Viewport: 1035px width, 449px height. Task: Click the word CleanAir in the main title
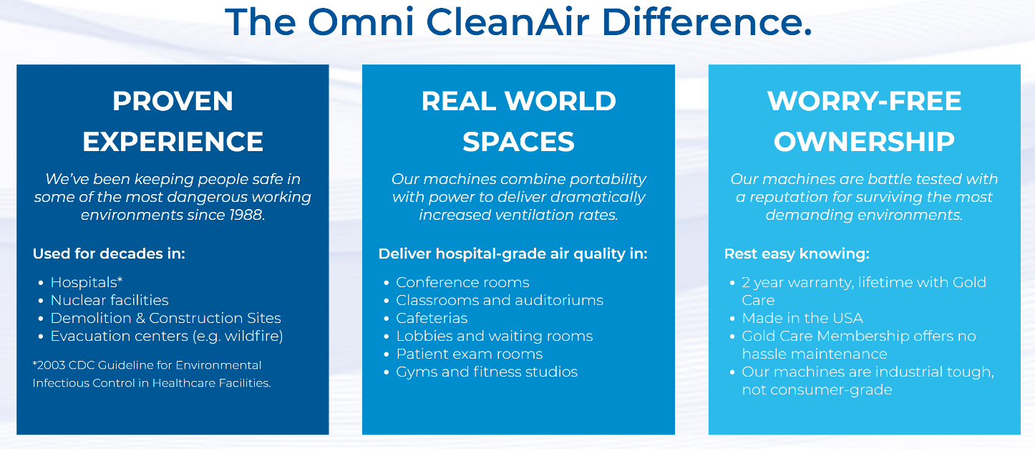[507, 21]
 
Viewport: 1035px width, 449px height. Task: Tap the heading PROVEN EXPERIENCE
[172, 121]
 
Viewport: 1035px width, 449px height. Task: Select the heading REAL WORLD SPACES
[518, 121]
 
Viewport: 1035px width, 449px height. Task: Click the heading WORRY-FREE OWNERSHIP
[864, 121]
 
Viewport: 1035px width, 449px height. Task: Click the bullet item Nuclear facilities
[110, 300]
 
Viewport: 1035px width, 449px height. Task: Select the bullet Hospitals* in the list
[87, 282]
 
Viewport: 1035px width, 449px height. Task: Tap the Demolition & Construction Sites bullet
[165, 318]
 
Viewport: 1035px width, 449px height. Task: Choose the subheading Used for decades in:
[109, 254]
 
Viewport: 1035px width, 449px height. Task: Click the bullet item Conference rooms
[462, 282]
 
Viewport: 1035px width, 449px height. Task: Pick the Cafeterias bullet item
[432, 318]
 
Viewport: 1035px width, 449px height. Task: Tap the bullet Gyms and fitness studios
[487, 372]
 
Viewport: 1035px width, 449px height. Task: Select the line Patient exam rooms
[469, 354]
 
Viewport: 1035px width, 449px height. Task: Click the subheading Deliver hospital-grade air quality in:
[513, 254]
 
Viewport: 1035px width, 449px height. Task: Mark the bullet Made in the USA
[802, 318]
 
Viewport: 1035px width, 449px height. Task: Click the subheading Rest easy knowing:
[797, 254]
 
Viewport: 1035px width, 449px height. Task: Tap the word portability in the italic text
[607, 179]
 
